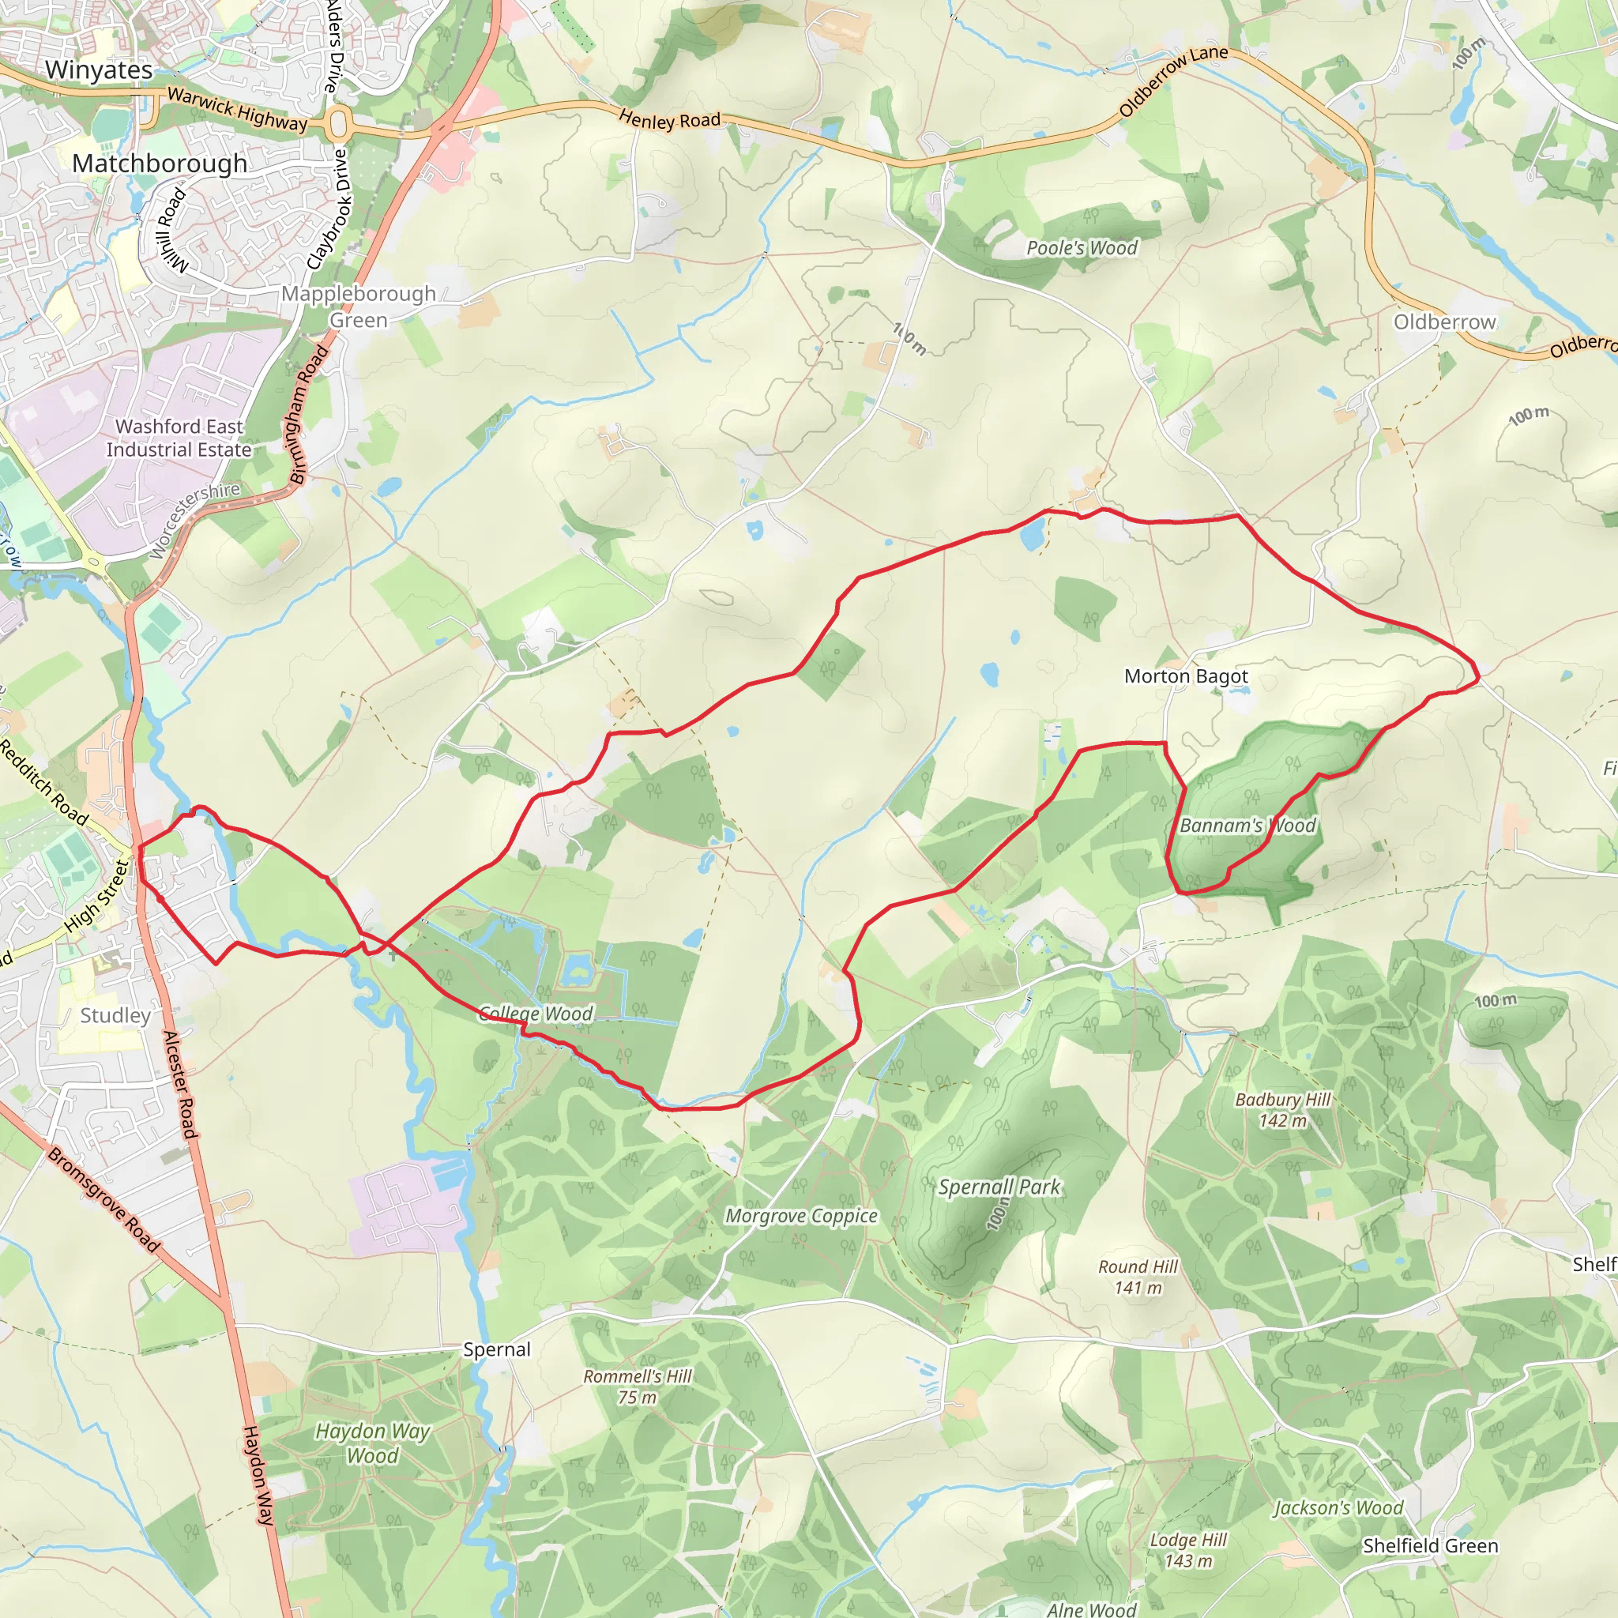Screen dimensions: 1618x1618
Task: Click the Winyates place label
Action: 99,70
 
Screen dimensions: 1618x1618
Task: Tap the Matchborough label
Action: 159,164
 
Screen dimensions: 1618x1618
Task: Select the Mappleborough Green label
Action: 359,307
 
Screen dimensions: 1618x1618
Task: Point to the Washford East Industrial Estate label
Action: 179,438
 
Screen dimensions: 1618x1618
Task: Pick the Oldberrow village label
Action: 1445,322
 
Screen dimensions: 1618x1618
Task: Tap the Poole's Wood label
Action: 1082,248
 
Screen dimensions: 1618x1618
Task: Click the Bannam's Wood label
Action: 1247,826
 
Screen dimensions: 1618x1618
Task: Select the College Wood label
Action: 536,1014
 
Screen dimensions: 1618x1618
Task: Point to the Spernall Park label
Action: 999,1187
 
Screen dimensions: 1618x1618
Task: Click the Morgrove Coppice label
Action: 801,1215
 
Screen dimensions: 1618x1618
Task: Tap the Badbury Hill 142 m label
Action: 1282,1110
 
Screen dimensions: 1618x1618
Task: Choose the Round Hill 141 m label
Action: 1138,1277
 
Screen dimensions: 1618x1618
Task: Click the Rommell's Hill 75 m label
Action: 638,1387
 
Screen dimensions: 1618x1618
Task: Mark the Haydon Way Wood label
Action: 373,1443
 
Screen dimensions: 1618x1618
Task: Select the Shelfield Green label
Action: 1431,1546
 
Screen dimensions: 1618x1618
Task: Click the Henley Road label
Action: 670,120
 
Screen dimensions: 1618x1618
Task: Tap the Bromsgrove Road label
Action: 103,1199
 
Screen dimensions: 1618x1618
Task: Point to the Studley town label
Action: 115,1016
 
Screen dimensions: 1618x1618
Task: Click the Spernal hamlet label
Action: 497,1349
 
